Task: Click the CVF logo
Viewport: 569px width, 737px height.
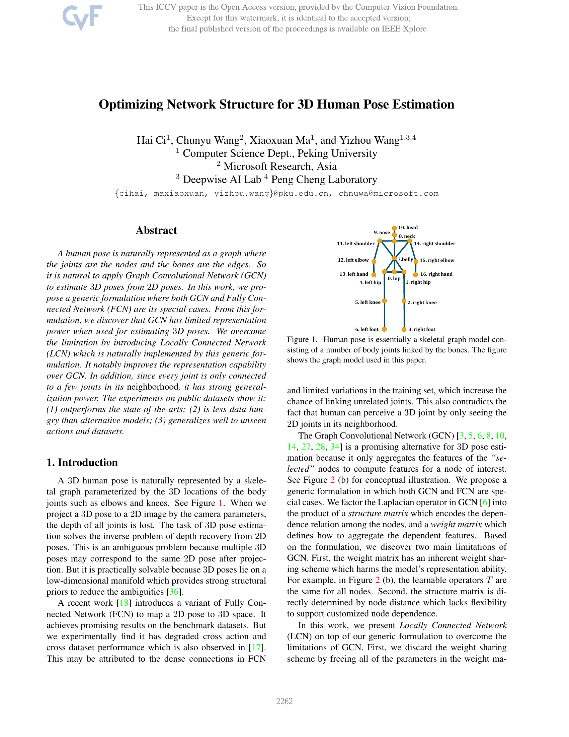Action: tap(82, 17)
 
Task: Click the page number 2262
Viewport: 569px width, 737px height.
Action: tap(284, 701)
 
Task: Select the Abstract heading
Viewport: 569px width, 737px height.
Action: tap(156, 230)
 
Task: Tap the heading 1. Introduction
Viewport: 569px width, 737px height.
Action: tap(82, 462)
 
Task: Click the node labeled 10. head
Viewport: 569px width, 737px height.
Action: tap(394, 228)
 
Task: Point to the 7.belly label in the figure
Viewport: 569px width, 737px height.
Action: tap(405, 259)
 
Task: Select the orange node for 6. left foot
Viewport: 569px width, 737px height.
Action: tap(384, 329)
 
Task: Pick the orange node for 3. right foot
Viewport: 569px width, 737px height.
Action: tap(404, 329)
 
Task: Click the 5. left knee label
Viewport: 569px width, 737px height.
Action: tap(368, 303)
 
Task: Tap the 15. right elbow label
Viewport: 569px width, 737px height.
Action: tap(437, 261)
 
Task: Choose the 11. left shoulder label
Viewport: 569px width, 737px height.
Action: tap(355, 244)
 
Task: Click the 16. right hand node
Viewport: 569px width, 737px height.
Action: tap(416, 275)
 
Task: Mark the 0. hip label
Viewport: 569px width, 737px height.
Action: tap(394, 279)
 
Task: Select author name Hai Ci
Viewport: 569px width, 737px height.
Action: tap(151, 140)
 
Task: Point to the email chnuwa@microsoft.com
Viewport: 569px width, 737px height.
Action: tap(388, 194)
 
